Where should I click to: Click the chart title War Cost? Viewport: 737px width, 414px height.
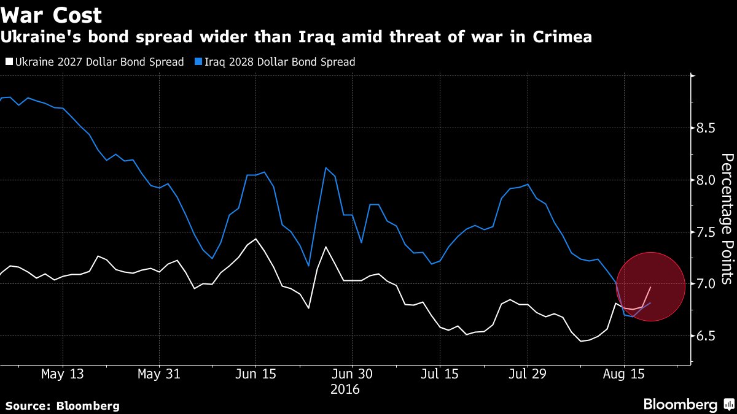point(51,15)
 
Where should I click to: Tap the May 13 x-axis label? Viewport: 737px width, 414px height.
point(63,374)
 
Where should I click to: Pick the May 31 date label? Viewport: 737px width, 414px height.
point(159,374)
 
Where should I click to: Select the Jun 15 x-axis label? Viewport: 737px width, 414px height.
point(255,374)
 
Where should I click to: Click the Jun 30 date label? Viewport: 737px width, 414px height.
point(351,374)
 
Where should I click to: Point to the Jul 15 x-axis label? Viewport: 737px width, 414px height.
point(439,374)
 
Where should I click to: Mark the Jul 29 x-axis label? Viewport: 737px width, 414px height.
point(528,374)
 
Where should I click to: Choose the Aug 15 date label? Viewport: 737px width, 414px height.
point(624,374)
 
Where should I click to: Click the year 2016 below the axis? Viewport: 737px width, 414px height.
point(345,389)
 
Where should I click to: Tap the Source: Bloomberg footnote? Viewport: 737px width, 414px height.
point(63,405)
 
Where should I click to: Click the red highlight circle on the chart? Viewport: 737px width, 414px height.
point(650,286)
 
